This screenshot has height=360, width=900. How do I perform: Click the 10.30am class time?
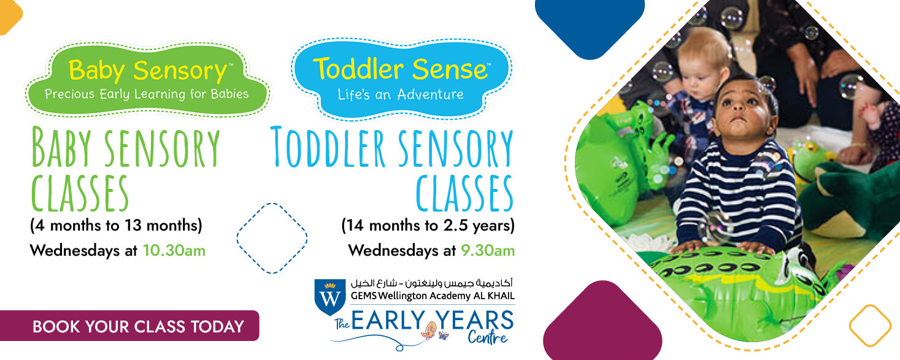[174, 251]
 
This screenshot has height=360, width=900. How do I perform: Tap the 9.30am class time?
[487, 251]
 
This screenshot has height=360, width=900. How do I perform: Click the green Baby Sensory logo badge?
[147, 80]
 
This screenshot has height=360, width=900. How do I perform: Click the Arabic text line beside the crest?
[432, 283]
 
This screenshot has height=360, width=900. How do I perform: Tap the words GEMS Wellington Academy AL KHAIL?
[433, 296]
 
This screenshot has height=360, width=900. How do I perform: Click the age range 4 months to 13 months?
[116, 226]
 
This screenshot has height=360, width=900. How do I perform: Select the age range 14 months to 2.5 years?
[428, 226]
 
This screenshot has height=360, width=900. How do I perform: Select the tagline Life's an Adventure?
[401, 95]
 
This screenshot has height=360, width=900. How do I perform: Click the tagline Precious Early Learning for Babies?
[147, 94]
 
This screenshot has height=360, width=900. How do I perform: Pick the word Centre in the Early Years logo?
[487, 337]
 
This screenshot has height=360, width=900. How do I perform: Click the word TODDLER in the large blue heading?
[328, 147]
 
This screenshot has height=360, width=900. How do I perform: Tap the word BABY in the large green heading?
[61, 147]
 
